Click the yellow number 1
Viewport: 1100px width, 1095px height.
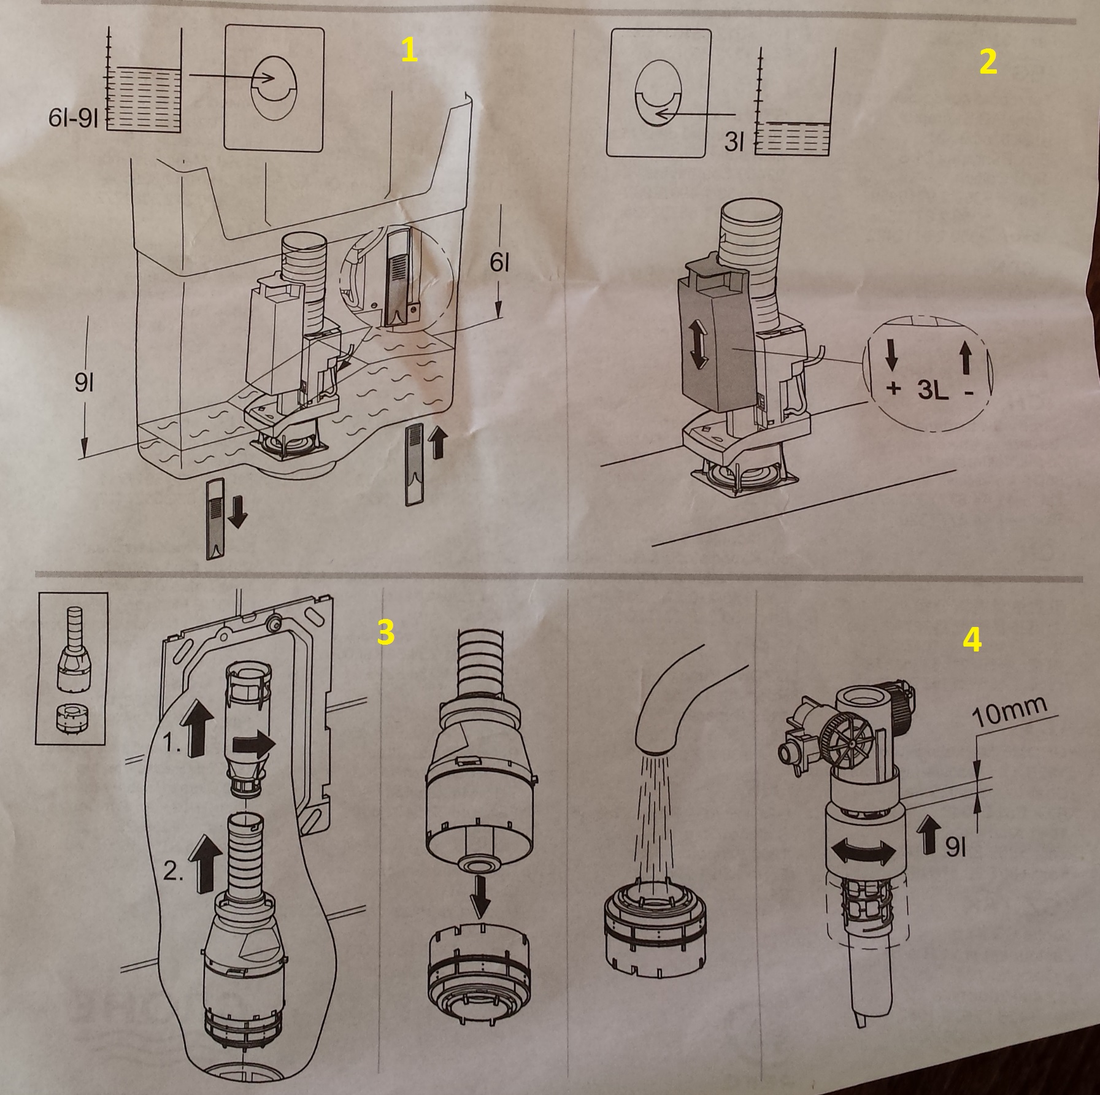click(x=409, y=50)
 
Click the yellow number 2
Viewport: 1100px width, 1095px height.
click(x=988, y=62)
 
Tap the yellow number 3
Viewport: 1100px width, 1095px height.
click(x=385, y=632)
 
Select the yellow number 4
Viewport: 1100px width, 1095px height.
click(x=972, y=640)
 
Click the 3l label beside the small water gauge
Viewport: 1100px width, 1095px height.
click(x=734, y=142)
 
